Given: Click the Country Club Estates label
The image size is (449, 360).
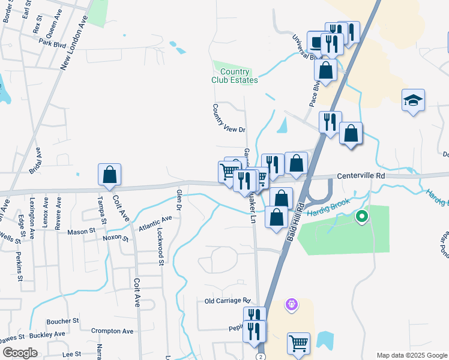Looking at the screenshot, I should click(235, 76).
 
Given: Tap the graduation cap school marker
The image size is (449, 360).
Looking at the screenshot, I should click(413, 100).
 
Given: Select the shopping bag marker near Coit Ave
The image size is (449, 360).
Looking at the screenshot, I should click(110, 175).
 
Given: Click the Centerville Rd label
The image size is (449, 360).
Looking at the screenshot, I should click(360, 176).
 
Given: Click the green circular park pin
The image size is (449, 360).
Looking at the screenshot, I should click(361, 217).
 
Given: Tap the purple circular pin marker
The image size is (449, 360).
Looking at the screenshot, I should click(292, 305).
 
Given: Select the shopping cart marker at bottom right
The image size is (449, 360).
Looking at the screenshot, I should click(298, 344).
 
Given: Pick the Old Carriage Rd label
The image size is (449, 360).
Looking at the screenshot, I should click(227, 301).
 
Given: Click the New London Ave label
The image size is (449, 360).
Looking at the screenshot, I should click(74, 43).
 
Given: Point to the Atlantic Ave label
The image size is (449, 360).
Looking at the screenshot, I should click(155, 224).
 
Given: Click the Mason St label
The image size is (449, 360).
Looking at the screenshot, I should click(81, 231).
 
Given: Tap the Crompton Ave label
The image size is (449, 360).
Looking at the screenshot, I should click(112, 331).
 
